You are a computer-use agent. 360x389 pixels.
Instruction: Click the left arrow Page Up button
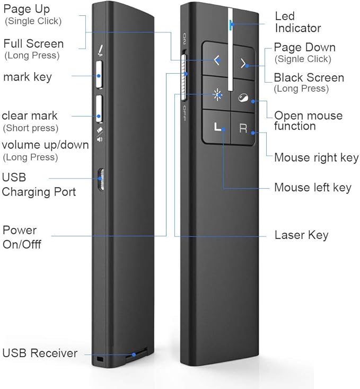(x=216, y=61)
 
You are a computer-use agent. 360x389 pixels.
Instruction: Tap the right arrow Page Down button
(x=244, y=64)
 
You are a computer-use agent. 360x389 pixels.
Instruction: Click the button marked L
(x=216, y=127)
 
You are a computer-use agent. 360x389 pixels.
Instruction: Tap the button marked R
(x=243, y=129)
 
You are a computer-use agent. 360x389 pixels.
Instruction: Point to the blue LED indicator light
(x=230, y=24)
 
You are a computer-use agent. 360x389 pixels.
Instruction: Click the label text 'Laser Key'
(x=301, y=235)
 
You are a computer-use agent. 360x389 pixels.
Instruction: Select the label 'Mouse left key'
(x=312, y=188)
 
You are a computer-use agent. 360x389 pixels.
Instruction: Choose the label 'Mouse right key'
(x=316, y=158)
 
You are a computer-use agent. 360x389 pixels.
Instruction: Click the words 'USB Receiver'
(x=40, y=353)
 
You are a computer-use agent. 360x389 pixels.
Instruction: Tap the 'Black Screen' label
(x=309, y=78)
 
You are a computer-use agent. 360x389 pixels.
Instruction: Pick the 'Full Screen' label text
(x=33, y=43)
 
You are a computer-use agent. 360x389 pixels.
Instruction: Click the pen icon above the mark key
(x=100, y=50)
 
